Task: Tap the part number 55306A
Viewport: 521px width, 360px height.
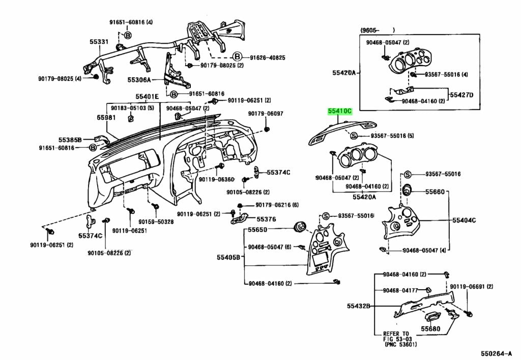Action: (x=139, y=80)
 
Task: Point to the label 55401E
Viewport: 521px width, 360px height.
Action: (x=147, y=97)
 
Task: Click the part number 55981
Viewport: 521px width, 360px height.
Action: (x=106, y=118)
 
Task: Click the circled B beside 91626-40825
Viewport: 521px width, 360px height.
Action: (x=237, y=57)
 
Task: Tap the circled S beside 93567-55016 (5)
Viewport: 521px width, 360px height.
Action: (x=354, y=135)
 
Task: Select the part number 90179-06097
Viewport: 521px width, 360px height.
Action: (x=266, y=114)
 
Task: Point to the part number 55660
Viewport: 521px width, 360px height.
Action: (x=435, y=192)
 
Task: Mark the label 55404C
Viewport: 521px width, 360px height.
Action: (x=464, y=220)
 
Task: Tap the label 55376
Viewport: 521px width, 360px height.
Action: (x=266, y=219)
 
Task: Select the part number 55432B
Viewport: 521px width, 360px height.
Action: (x=359, y=306)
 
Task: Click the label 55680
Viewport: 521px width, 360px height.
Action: (x=430, y=329)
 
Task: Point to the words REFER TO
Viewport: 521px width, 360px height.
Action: (x=396, y=334)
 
